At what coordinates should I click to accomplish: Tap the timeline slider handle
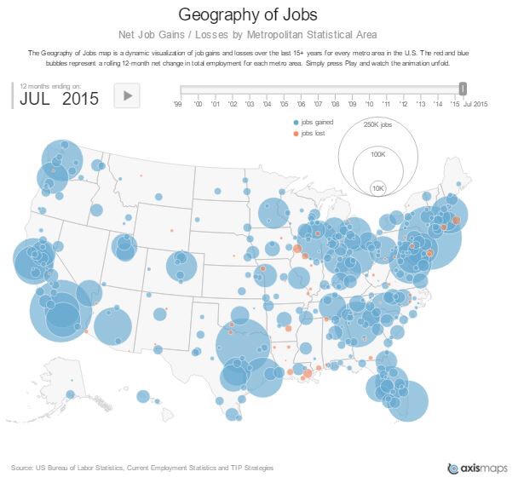[463, 89]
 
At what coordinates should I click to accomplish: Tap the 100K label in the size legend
[377, 154]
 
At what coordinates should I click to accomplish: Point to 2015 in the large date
[80, 98]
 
